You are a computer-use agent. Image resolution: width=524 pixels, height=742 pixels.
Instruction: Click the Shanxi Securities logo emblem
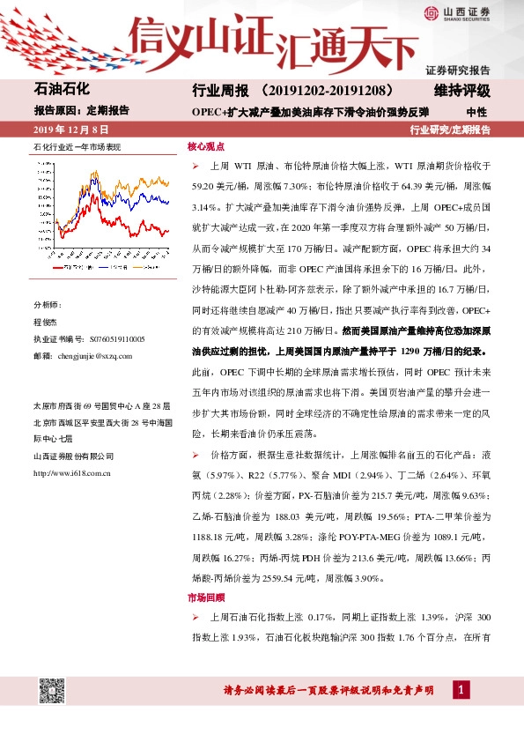[431, 12]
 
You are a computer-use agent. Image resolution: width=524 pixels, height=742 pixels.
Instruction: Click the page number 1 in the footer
[459, 689]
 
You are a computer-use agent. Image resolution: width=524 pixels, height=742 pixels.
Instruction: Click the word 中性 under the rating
[476, 112]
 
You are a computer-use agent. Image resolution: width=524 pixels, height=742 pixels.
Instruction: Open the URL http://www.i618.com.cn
[71, 473]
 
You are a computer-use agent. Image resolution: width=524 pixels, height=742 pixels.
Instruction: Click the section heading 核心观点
[205, 147]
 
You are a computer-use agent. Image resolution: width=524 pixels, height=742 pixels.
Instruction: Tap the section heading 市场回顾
[205, 597]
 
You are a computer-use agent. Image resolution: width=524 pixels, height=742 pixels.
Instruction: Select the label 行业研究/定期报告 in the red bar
[450, 130]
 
